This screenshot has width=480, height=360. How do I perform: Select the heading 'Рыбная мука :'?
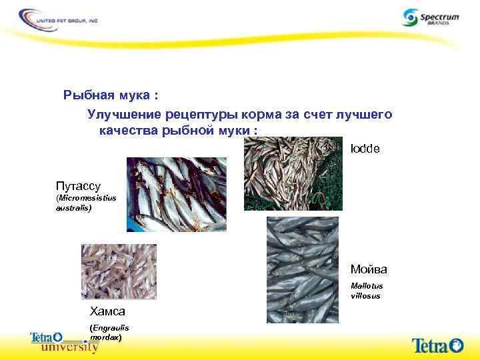[x=110, y=95]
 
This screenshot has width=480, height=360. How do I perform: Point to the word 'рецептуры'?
[x=196, y=115]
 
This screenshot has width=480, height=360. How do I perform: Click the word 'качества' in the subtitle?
[x=128, y=129]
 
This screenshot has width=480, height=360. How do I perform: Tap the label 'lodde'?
[x=365, y=149]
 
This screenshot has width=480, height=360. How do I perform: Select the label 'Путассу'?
[x=78, y=185]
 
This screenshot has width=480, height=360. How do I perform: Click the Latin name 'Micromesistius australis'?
[x=86, y=203]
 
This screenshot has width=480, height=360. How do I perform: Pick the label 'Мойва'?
[x=368, y=270]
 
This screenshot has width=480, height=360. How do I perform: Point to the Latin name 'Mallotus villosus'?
[x=366, y=291]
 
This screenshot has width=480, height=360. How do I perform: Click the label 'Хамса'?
[x=107, y=311]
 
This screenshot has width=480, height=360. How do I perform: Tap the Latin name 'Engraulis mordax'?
[x=109, y=333]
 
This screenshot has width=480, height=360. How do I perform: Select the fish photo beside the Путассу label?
[x=176, y=194]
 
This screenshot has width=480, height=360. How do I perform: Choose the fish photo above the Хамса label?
[x=119, y=271]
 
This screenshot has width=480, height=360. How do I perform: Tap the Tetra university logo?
[x=64, y=343]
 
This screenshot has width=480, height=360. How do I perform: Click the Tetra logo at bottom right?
[x=437, y=345]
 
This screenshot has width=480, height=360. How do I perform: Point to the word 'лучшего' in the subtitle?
[x=363, y=115]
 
